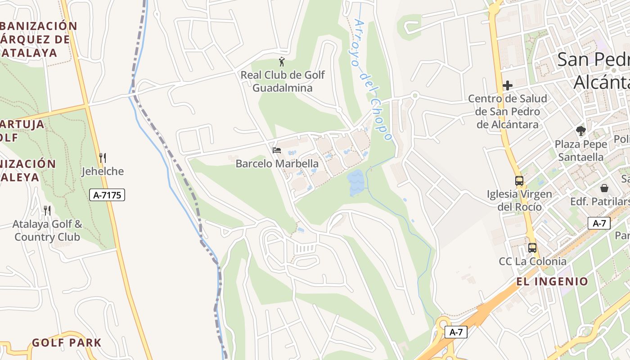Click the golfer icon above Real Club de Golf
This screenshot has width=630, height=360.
(282, 62)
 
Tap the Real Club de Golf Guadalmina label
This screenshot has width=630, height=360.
(282, 81)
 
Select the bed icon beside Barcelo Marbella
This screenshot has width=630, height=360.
(277, 150)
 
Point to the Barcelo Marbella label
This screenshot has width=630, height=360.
(277, 164)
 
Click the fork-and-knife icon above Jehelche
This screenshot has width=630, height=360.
(103, 158)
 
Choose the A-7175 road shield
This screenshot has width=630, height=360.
(107, 195)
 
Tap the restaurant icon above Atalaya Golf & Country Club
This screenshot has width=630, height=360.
(47, 210)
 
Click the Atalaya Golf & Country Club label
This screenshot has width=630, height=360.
(47, 230)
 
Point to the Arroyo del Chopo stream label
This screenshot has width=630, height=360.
(373, 80)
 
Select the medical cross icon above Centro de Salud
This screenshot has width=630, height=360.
(508, 85)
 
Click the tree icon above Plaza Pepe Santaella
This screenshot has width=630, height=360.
(581, 131)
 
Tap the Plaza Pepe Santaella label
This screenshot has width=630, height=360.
(581, 151)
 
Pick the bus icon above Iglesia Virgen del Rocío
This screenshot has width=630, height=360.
(519, 181)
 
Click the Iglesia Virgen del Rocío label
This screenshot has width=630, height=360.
(519, 201)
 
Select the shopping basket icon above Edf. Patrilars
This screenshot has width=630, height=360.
(604, 188)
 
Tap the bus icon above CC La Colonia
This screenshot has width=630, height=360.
(532, 247)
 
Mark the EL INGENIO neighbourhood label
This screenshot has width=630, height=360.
(552, 282)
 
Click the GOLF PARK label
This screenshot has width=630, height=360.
(67, 342)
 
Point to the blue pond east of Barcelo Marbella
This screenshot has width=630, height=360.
(355, 182)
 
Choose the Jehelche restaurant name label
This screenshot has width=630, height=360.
(103, 171)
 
